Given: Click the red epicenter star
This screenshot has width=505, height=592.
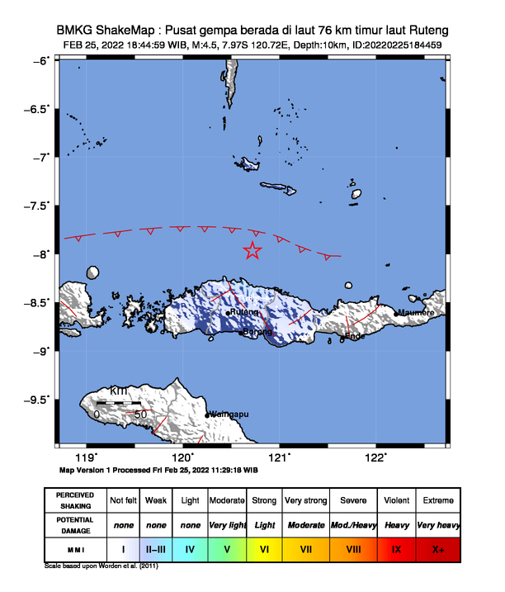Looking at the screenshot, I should coord(252,250).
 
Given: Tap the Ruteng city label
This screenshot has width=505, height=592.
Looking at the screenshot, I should coord(244,312).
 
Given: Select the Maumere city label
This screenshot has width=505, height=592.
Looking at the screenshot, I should coord(415,312).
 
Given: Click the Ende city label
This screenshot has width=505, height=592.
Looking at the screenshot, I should coord(355,336).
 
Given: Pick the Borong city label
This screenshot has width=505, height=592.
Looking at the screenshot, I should coord(255,332).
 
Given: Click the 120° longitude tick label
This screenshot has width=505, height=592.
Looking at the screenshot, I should coord(182,457).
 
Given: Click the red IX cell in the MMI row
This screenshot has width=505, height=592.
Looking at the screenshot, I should coord(396,547).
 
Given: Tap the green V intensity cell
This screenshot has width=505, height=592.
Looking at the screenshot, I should coord(227,547).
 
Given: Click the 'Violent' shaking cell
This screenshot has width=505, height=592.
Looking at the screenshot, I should coord(396,500).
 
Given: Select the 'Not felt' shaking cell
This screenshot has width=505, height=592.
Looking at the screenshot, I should coord(123,500).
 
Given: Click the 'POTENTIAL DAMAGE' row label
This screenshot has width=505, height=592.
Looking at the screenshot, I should coord(75,524).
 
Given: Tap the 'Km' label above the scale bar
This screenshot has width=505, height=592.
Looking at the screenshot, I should coord(118,390).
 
